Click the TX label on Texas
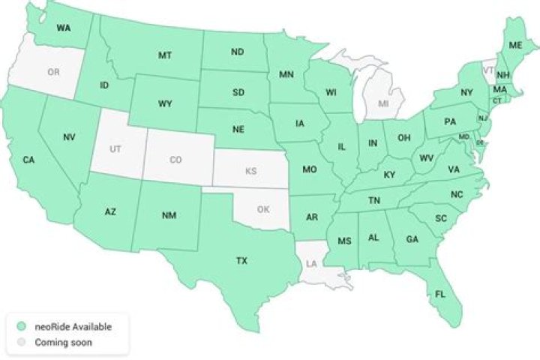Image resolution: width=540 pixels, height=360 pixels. point(241,261)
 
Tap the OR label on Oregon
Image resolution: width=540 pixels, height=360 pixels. point(52,72)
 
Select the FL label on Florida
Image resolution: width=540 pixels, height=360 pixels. point(439,294)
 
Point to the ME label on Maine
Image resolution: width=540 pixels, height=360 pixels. point(514,46)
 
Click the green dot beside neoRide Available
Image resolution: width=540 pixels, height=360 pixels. point(22,326)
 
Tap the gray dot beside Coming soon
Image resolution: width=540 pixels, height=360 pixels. point(22,343)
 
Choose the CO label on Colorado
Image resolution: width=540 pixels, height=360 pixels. point(175,160)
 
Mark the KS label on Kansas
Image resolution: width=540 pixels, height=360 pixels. point(250,171)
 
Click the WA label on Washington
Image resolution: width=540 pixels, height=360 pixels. point(64,28)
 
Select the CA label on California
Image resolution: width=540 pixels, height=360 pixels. point(28,160)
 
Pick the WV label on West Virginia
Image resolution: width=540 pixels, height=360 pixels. point(427,158)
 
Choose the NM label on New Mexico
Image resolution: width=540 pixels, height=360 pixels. point(169,215)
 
